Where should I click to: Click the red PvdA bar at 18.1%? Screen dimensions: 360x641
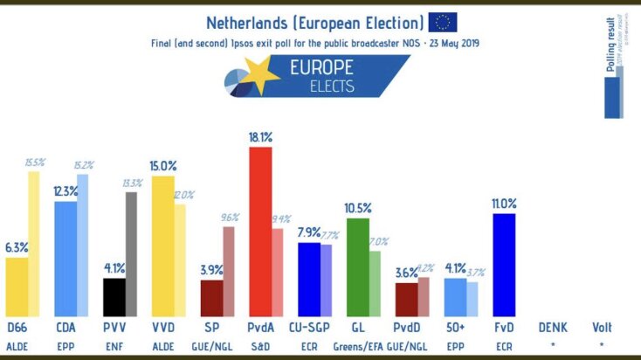260,232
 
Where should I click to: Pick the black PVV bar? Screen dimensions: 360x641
114,297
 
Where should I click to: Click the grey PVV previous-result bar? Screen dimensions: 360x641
132,253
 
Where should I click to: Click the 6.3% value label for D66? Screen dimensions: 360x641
17,247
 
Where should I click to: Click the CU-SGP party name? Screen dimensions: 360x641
309,329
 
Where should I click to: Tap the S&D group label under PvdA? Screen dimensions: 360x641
261,345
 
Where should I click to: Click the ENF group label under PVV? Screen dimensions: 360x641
114,345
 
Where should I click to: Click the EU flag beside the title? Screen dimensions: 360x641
443,23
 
